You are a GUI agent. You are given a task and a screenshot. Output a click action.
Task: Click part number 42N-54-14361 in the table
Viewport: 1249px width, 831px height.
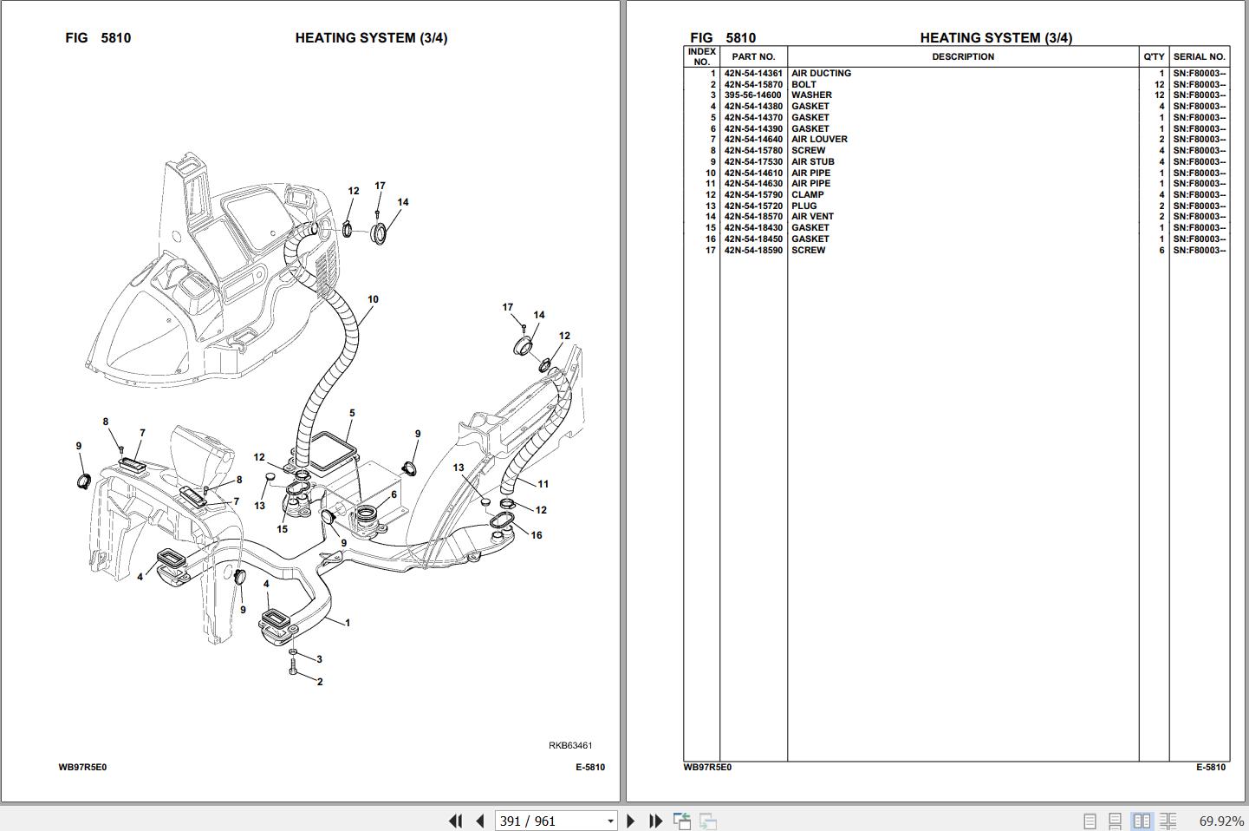(x=752, y=73)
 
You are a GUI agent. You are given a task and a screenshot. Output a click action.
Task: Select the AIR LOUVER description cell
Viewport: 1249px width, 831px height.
(x=819, y=139)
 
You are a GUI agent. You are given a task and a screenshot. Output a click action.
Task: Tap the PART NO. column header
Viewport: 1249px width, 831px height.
(x=753, y=56)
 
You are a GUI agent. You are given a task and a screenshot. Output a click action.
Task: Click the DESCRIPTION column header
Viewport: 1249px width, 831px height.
(x=963, y=56)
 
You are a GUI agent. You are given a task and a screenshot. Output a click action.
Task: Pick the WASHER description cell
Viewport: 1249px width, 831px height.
(x=811, y=95)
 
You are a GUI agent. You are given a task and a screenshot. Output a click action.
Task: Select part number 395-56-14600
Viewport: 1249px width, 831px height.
(x=752, y=95)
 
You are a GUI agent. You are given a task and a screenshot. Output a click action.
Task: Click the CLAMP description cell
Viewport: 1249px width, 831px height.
(x=808, y=194)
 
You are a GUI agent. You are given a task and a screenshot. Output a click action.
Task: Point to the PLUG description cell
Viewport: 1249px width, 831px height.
(x=804, y=206)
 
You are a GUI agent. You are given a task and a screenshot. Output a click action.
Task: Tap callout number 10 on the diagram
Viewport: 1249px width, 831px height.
(x=373, y=299)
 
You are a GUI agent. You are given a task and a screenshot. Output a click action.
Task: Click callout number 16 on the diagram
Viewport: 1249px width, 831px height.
(x=537, y=535)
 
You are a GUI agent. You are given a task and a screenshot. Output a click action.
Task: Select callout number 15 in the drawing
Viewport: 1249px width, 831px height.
(x=283, y=529)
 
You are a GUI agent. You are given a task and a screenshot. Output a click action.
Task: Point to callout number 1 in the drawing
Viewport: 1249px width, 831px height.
(x=348, y=623)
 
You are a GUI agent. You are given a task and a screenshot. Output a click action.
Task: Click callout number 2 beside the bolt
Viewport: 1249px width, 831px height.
(x=320, y=682)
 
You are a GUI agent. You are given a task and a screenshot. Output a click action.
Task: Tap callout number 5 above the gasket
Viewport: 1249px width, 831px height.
(x=352, y=413)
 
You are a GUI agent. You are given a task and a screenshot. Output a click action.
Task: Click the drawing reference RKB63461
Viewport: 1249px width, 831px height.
(x=570, y=745)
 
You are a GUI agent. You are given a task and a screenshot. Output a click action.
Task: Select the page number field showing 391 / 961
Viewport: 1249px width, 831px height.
(x=556, y=821)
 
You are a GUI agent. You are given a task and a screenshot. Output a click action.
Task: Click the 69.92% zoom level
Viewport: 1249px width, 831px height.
(x=1221, y=821)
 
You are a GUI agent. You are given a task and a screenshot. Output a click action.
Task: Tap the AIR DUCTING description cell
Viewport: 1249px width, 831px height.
(x=822, y=73)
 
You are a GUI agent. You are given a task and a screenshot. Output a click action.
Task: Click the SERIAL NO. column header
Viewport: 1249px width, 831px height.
(x=1200, y=56)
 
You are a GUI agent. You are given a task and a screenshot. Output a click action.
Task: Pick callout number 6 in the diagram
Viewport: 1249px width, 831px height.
(x=394, y=494)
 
